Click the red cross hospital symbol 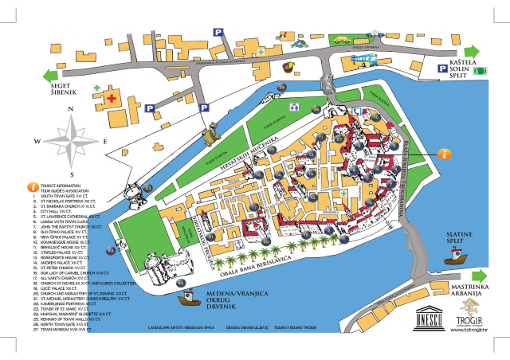point(112,98)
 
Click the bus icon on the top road point(365,58)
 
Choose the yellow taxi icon point(341,40)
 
